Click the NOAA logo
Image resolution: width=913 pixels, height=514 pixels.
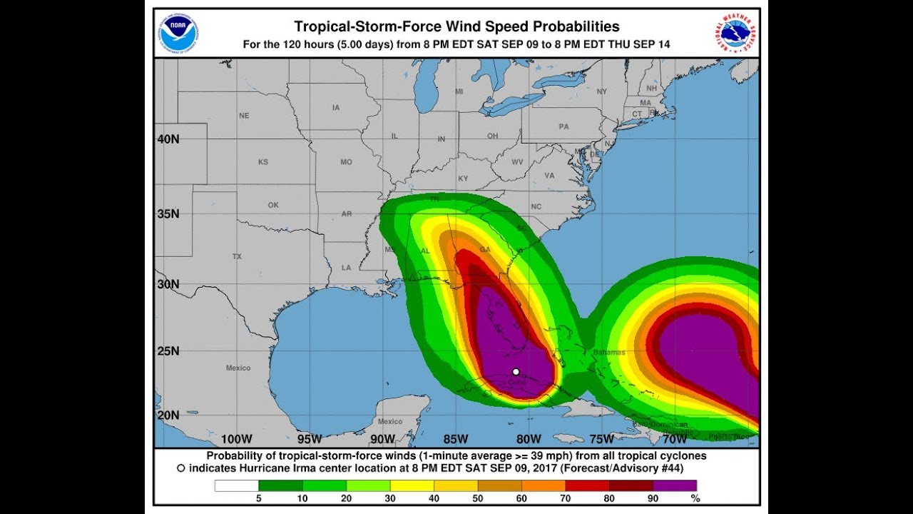pyautogui.click(x=179, y=34)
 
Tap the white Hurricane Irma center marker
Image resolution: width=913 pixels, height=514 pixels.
pyautogui.click(x=516, y=371)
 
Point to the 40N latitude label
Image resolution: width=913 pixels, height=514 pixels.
pyautogui.click(x=168, y=139)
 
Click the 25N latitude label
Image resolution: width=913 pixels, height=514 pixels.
pyautogui.click(x=168, y=351)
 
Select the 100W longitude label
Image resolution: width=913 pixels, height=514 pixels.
pyautogui.click(x=237, y=438)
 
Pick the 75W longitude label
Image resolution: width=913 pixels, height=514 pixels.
pyautogui.click(x=602, y=438)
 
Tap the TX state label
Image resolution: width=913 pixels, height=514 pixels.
pyautogui.click(x=237, y=256)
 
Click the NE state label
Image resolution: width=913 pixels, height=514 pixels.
pyautogui.click(x=245, y=116)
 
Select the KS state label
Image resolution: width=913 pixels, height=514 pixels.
pyautogui.click(x=263, y=162)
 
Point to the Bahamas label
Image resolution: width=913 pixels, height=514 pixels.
pyautogui.click(x=608, y=352)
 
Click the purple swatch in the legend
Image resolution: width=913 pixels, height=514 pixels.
pyautogui.click(x=675, y=485)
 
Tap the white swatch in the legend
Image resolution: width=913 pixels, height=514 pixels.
pyautogui.click(x=237, y=485)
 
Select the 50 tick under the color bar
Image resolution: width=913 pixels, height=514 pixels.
pyautogui.click(x=477, y=498)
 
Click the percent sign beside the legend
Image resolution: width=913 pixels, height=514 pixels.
pyautogui.click(x=695, y=498)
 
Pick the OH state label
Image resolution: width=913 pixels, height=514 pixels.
pyautogui.click(x=492, y=136)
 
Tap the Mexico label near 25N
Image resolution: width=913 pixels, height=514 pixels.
pyautogui.click(x=238, y=368)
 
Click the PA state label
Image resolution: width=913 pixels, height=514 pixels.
pyautogui.click(x=564, y=127)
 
